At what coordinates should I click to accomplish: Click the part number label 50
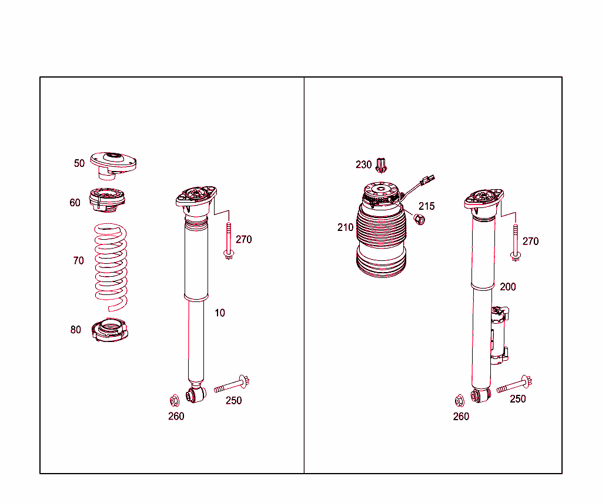coord(79,163)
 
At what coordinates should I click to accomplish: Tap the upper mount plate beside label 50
coord(113,163)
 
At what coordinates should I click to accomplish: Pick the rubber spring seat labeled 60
coord(106,199)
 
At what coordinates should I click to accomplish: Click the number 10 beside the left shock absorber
coord(219,313)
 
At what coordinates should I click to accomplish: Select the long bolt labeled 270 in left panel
coord(228,241)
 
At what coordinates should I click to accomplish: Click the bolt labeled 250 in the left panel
coord(232,385)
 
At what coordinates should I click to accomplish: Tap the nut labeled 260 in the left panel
coord(174,401)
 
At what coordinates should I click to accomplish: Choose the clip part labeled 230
coord(382,165)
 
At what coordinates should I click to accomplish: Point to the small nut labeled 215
coord(420,220)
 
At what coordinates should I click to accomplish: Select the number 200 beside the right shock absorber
coord(508,287)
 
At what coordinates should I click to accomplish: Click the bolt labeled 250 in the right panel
coord(514,385)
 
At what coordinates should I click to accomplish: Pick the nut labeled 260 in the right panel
coord(459,401)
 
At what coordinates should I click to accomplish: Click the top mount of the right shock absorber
coord(484,199)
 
